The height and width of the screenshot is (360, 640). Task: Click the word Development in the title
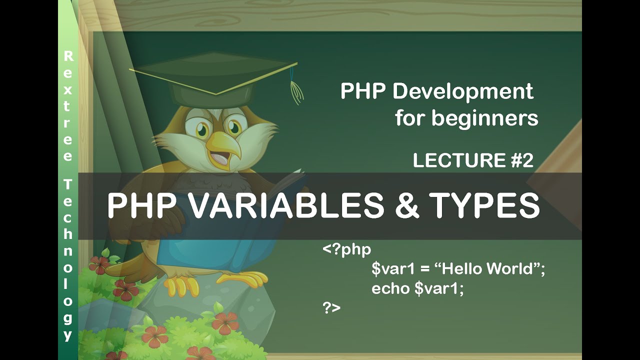pos(463,92)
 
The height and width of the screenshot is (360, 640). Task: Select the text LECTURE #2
pos(473,160)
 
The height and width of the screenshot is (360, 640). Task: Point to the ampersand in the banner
pos(407,205)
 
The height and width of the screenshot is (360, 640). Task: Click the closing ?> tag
pos(331,307)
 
